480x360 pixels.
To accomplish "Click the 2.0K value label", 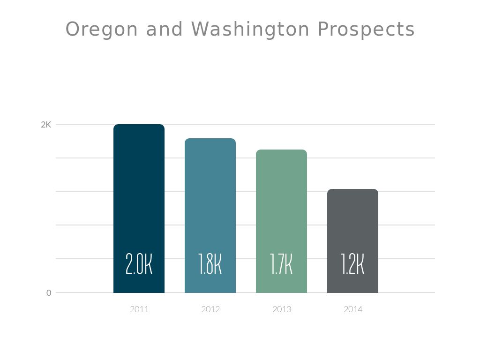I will tap(139, 264).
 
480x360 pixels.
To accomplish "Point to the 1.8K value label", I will tap(210, 264).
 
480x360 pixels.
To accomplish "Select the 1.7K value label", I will tap(281, 264).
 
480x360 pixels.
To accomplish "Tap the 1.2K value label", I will tap(352, 264).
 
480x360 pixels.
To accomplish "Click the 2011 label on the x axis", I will tap(139, 309).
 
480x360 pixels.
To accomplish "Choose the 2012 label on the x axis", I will tap(210, 309).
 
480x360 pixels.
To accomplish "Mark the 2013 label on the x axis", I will tap(282, 309).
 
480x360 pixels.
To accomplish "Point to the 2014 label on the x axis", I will tap(353, 309).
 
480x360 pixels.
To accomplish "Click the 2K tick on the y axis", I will tap(46, 125).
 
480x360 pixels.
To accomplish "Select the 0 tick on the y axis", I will tap(49, 293).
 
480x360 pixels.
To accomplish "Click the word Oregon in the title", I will tap(102, 30).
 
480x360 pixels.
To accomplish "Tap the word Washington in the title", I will tap(250, 30).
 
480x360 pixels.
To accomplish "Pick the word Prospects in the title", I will tap(366, 30).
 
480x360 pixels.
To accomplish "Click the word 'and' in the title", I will tap(164, 30).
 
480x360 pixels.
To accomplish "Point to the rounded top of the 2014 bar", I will tap(352, 190).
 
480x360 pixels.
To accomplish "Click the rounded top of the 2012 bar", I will tap(210, 140).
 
